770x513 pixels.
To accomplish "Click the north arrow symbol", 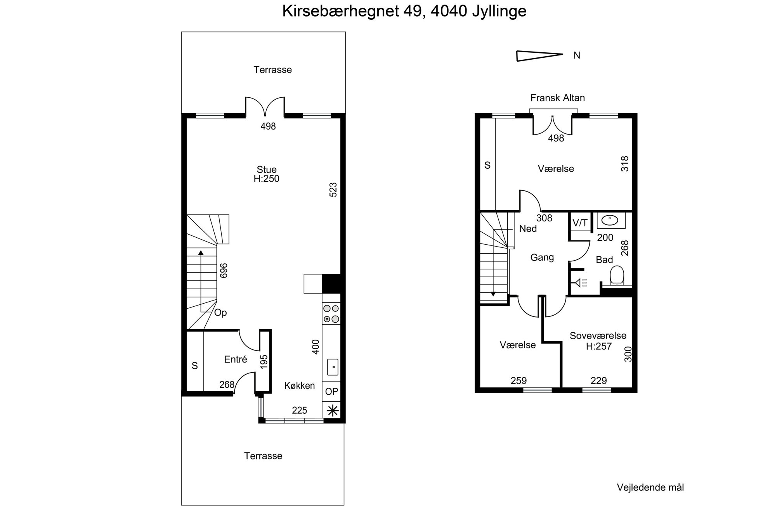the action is click(x=539, y=56).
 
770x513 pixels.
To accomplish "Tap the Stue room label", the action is click(x=267, y=169).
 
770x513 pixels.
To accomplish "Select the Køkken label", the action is click(x=300, y=385).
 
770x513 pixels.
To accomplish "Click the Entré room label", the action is click(x=236, y=359).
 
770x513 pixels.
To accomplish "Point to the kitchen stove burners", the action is click(x=331, y=314).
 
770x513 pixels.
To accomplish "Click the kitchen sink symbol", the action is click(x=333, y=367).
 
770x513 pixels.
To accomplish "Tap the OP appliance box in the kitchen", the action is click(x=331, y=392).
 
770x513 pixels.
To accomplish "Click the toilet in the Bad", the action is click(x=617, y=276).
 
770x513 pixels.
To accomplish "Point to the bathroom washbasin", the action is click(x=611, y=220).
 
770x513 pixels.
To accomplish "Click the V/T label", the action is click(x=580, y=223).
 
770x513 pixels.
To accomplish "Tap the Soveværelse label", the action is click(x=598, y=335).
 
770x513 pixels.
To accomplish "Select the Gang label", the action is click(x=542, y=257).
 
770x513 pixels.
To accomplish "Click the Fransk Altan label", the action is click(x=558, y=98).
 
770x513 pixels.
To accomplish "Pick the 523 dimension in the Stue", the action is click(x=333, y=190).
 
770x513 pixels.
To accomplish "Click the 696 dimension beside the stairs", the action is click(x=224, y=271).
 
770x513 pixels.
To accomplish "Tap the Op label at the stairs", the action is click(x=220, y=313).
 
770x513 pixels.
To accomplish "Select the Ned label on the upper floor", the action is click(x=528, y=229).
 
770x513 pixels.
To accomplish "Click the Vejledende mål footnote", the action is click(x=650, y=487).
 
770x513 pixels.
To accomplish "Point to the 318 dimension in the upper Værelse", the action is click(x=625, y=164).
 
